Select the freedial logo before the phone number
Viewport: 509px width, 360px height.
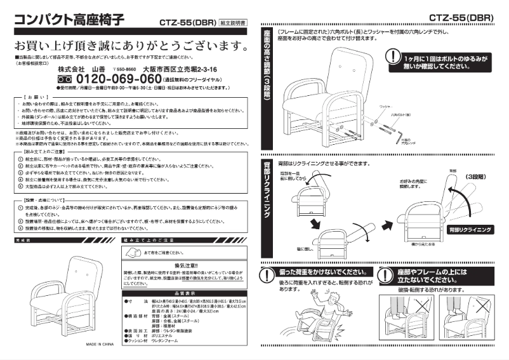tap(65, 79)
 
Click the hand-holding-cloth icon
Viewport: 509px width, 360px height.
tap(131, 253)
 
